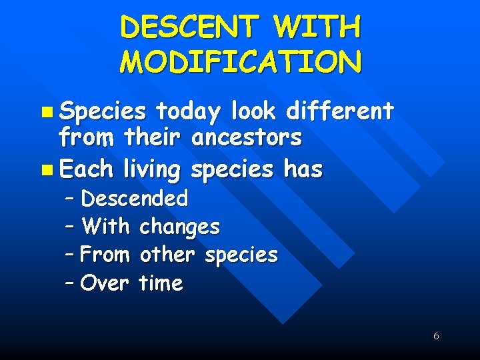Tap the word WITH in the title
point(318,27)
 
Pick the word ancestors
point(246,139)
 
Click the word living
point(152,170)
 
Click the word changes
point(179,227)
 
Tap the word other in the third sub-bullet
point(167,255)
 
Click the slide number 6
point(436,336)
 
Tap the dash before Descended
point(70,199)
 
